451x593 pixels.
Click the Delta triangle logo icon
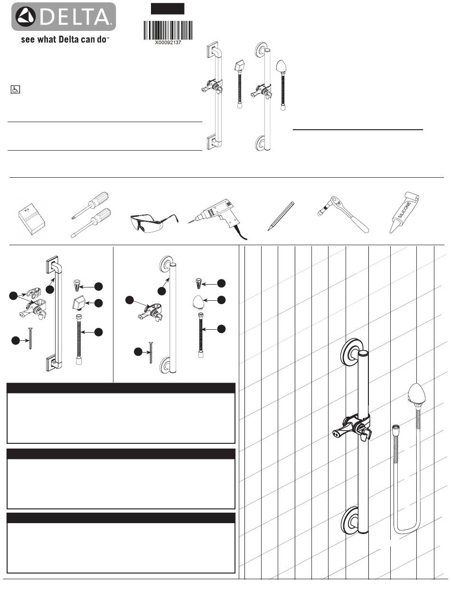pyautogui.click(x=26, y=17)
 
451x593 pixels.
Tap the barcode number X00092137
pyautogui.click(x=168, y=42)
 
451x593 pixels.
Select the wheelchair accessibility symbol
pyautogui.click(x=15, y=89)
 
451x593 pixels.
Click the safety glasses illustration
pyautogui.click(x=154, y=221)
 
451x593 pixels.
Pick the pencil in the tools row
pyautogui.click(x=281, y=216)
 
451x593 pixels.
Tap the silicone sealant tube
pyautogui.click(x=404, y=212)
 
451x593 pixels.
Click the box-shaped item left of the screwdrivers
pyautogui.click(x=32, y=219)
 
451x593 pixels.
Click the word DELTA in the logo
pyautogui.click(x=75, y=17)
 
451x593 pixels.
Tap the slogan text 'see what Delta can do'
pyautogui.click(x=65, y=39)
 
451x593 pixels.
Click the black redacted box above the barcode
pyautogui.click(x=168, y=9)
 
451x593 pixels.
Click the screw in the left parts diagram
pyautogui.click(x=30, y=338)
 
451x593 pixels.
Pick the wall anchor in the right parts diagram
pyautogui.click(x=198, y=283)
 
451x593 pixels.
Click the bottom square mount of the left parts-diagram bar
pyautogui.click(x=52, y=363)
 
